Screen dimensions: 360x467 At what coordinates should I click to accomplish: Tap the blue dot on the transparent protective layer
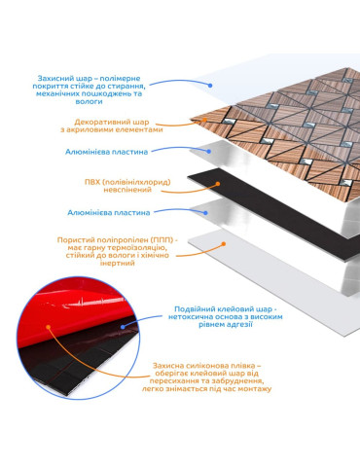pos(210,86)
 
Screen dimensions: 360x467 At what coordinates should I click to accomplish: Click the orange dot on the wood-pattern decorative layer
pos(204,120)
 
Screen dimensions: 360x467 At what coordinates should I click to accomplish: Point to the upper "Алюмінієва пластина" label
pos(106,152)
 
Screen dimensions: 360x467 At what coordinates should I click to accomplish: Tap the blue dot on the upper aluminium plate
pos(209,151)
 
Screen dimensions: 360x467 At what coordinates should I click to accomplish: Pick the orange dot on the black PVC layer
pos(218,184)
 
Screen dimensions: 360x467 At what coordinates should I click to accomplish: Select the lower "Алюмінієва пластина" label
pos(109,213)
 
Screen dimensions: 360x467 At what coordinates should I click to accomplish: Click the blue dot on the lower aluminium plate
pos(205,213)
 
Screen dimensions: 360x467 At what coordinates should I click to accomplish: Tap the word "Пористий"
pos(73,240)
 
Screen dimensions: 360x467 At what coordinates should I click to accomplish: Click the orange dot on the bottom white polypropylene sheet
pos(223,243)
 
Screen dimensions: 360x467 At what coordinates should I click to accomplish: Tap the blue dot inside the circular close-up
pos(123,327)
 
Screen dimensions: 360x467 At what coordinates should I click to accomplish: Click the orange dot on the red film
pos(49,327)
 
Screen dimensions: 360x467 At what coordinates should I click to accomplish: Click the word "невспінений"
pos(127,190)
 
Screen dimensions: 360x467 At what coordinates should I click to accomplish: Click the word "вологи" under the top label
pos(89,101)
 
